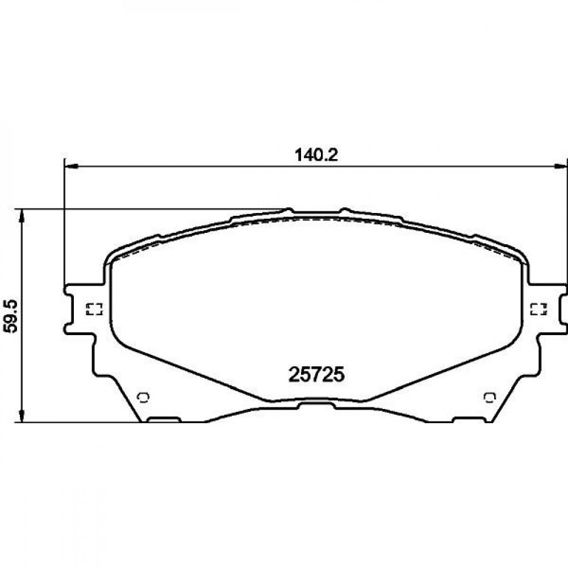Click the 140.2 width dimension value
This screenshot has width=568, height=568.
pos(316,156)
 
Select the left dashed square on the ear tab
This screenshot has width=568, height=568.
pos(94,308)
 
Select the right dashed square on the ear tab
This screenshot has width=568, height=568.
pos(538,308)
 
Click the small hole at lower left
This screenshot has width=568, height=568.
pos(144,398)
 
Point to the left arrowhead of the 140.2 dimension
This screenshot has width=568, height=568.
pos(71,166)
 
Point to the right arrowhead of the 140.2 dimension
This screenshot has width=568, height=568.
pos(561,166)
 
